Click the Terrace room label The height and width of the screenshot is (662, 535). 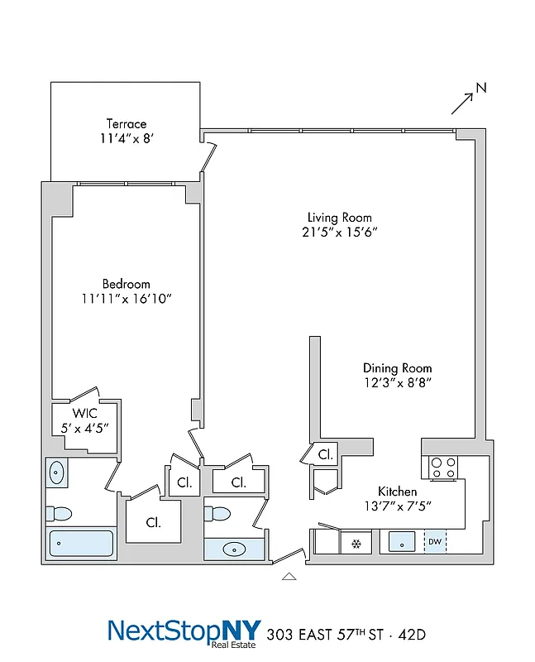click(126, 124)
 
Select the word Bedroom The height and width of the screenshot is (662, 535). click(127, 284)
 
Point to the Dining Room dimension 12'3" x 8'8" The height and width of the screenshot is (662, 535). click(397, 382)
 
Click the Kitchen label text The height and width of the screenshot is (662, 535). click(398, 492)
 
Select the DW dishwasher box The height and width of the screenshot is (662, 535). click(435, 542)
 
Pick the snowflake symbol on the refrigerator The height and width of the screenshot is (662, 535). click(356, 543)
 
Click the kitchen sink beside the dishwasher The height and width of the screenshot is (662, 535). click(402, 542)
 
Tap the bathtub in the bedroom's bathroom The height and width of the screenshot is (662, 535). click(81, 544)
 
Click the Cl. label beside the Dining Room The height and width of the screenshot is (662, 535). click(326, 454)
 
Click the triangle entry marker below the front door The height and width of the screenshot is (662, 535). click(289, 576)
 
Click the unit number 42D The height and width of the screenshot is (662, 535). click(408, 636)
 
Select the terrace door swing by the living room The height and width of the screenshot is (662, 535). click(210, 157)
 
